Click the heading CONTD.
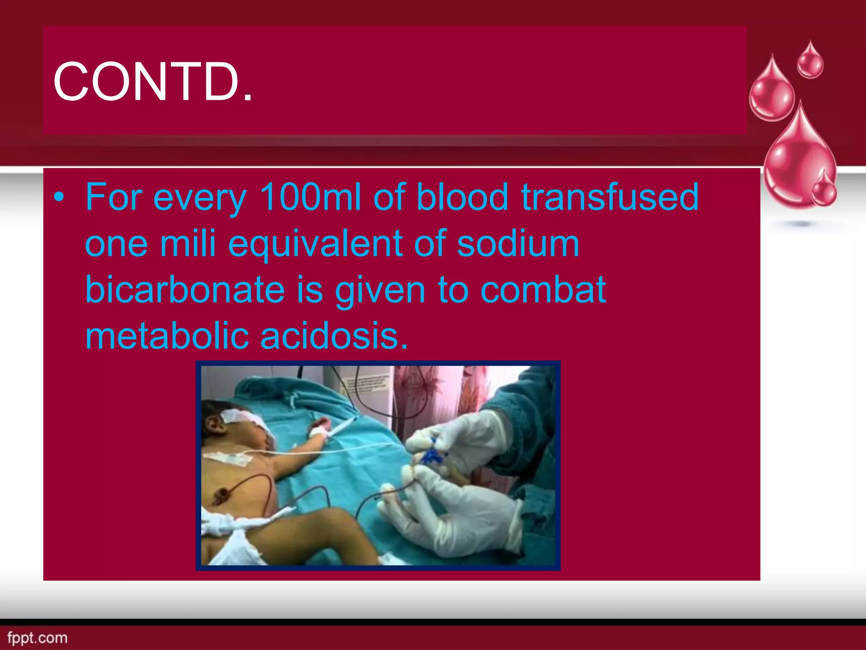pos(153,81)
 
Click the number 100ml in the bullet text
pos(310,197)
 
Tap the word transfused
pos(610,197)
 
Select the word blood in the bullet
pos(462,197)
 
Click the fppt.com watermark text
pos(37,638)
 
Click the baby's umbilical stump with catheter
pos(221,494)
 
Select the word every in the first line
pos(200,198)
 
